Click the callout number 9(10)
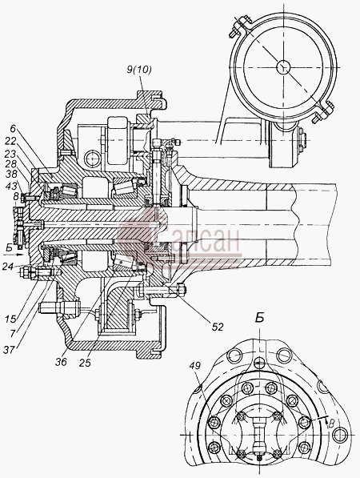click(x=139, y=70)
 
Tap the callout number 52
click(x=217, y=327)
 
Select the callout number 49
click(x=194, y=365)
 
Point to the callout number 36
click(x=61, y=362)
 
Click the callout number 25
click(x=85, y=363)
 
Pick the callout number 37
click(x=9, y=350)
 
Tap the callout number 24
click(x=7, y=267)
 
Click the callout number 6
click(x=12, y=129)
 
